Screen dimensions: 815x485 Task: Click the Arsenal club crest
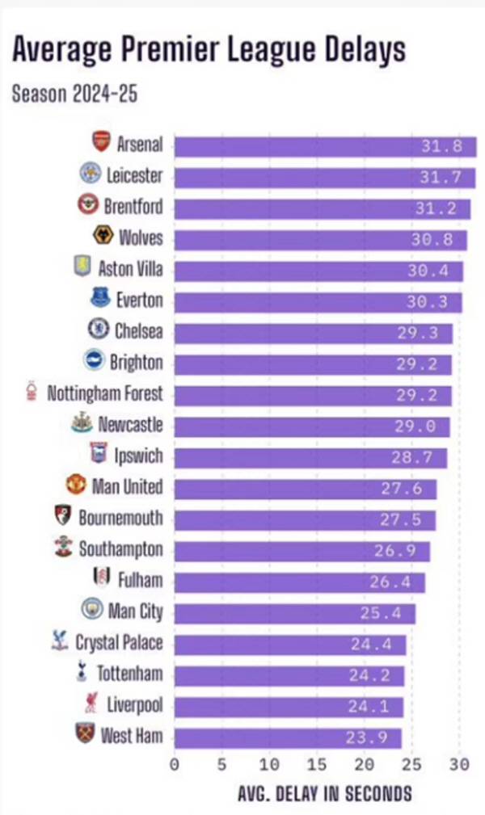[x=101, y=142]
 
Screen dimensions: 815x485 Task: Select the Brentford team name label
[x=133, y=207]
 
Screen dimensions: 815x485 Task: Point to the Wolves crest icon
[x=103, y=236]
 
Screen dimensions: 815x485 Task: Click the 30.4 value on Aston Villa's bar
[x=428, y=271]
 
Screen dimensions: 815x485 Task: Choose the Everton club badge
[x=100, y=299]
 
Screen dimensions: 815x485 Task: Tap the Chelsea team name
[x=138, y=331]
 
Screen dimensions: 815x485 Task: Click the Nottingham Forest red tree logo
[x=32, y=391]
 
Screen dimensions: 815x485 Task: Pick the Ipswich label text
[x=138, y=456]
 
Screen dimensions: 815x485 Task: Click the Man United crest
[x=76, y=485]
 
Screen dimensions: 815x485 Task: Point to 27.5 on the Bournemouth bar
[x=401, y=519]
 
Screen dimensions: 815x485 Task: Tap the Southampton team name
[x=120, y=550]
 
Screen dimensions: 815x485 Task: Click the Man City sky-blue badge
[x=92, y=610]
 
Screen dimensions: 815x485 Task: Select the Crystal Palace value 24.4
[x=371, y=644]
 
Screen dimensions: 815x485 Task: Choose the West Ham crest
[x=86, y=734]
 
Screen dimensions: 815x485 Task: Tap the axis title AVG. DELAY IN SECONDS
[x=324, y=794]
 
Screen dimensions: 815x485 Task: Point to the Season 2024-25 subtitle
[x=74, y=93]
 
